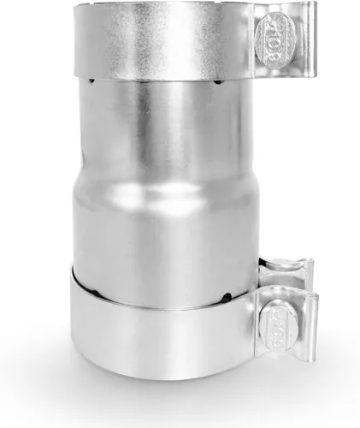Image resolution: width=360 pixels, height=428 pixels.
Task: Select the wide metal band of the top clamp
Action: click(x=162, y=43)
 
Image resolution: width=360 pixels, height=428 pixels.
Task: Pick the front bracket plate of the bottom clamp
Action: click(x=291, y=330)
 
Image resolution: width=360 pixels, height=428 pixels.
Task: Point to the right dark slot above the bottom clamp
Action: click(x=226, y=298)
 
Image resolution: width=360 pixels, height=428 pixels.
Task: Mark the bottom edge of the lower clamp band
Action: click(x=162, y=377)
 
